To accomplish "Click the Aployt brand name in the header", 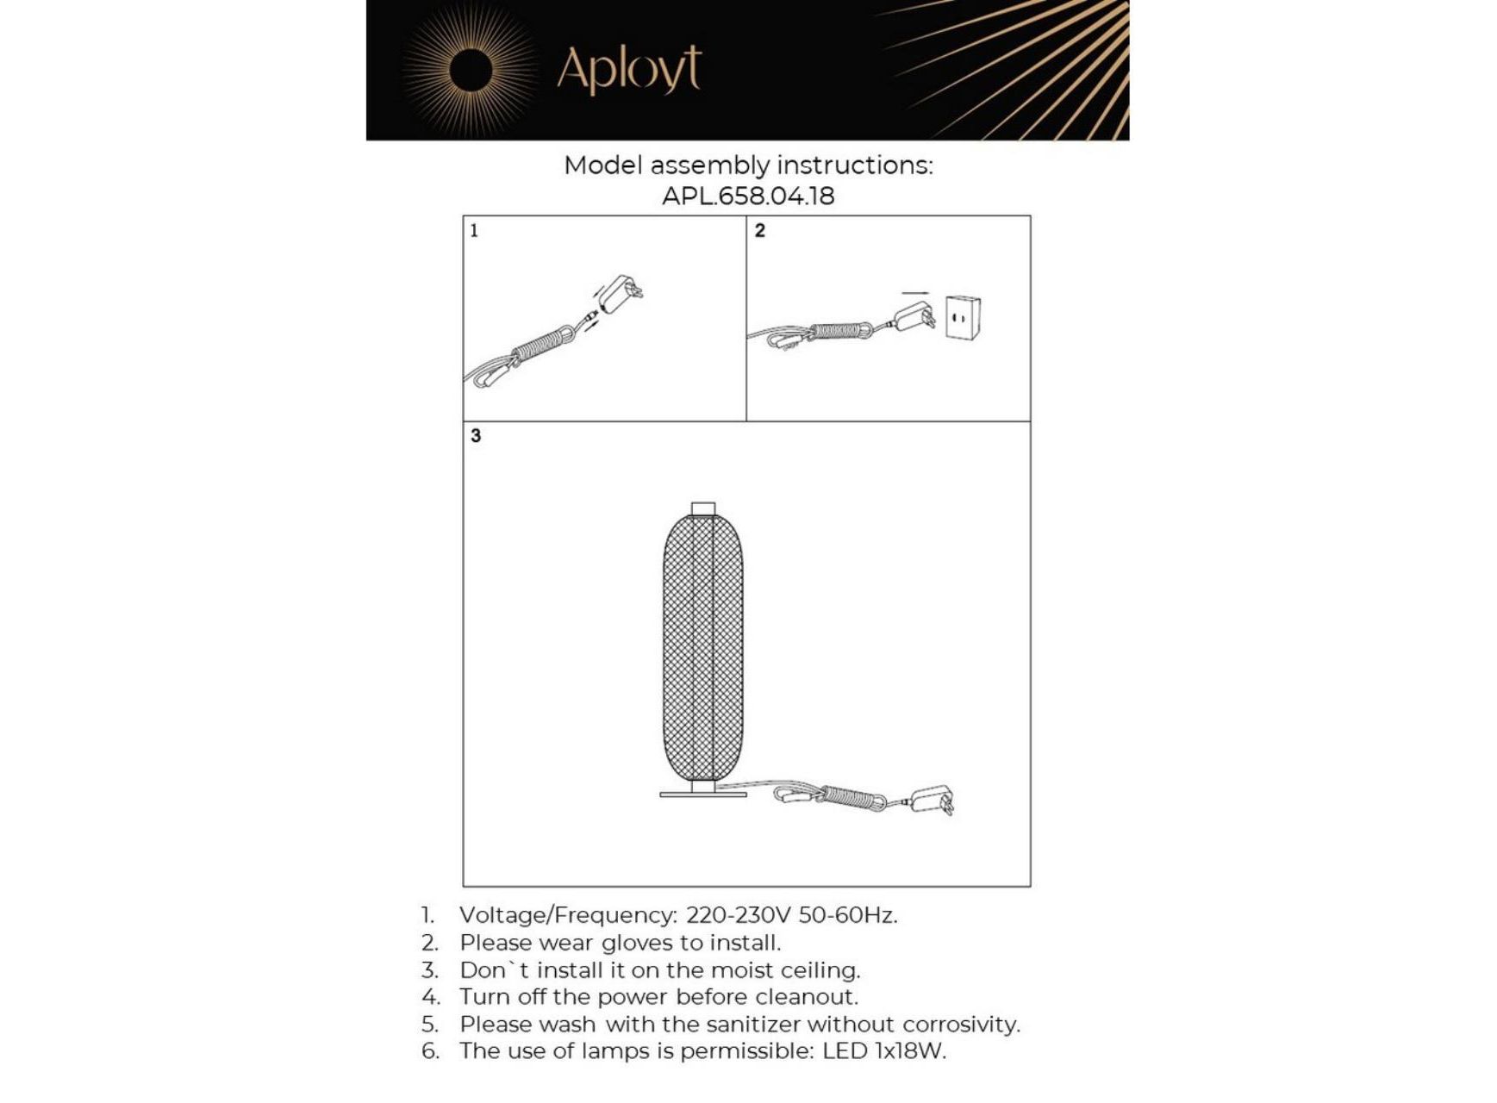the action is coord(629,69).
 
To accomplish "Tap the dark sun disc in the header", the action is coord(471,71).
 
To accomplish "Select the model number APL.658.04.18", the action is coord(748,196).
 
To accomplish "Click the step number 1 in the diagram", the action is coord(474,230).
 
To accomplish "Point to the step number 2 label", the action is coord(759,230).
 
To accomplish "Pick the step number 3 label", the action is coord(476,436).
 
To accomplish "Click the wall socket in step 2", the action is coord(963,318).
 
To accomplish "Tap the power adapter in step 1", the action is coord(620,294).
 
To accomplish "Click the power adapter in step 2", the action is coord(915,316).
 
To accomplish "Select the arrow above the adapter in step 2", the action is coord(915,294).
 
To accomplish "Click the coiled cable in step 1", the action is coord(541,346).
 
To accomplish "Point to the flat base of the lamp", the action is coord(703,794).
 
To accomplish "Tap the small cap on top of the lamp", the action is coord(703,508).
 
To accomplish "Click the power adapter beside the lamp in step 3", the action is coord(933,799).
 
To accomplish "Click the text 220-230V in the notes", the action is coord(738,915).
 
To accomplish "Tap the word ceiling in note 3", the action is coord(820,970).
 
